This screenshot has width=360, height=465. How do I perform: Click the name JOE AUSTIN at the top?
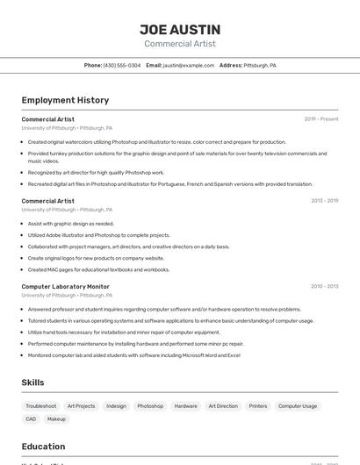180,29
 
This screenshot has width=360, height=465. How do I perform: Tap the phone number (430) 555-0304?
121,65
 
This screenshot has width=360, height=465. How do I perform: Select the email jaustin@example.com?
188,65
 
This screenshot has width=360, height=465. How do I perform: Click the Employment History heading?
65,100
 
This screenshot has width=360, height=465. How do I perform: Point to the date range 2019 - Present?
321,119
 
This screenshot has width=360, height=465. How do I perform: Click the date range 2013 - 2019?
324,201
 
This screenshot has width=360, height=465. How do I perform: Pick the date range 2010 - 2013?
324,286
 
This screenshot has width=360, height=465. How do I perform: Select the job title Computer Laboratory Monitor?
66,286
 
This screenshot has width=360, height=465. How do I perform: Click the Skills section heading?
33,383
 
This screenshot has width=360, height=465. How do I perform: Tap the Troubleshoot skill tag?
41,406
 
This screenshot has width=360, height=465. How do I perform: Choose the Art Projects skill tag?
81,406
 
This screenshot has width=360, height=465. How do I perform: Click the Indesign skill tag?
116,406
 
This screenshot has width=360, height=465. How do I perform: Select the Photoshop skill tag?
150,406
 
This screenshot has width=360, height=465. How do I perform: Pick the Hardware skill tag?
185,406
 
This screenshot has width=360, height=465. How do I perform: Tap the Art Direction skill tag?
223,406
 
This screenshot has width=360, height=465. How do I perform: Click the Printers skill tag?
258,406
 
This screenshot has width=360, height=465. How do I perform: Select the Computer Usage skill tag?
298,406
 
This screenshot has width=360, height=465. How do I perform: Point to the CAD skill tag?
31,419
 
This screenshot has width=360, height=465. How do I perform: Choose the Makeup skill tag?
56,419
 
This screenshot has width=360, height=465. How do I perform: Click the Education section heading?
43,447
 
